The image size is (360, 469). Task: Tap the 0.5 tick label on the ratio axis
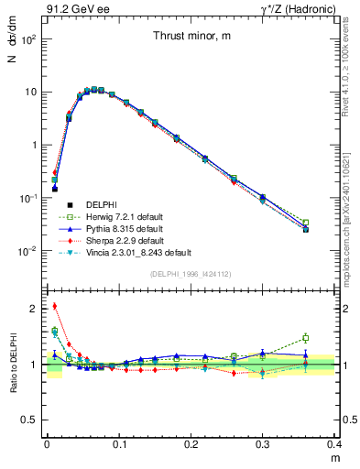click(x=30, y=420)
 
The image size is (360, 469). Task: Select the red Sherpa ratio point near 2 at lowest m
click(x=54, y=306)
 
